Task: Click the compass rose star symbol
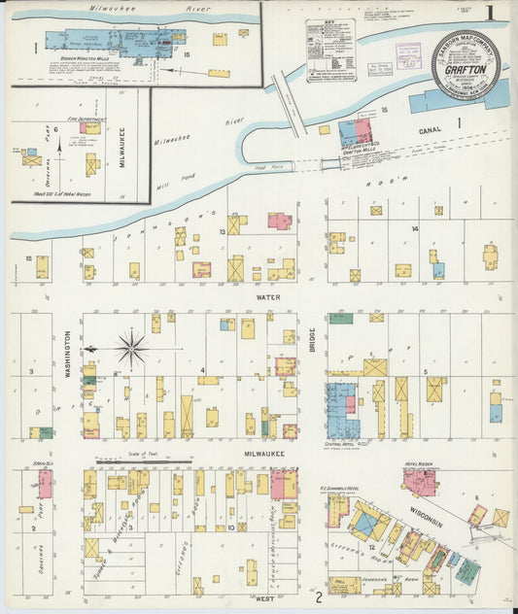click(x=132, y=346)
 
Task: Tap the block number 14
click(x=414, y=228)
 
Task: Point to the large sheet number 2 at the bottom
click(x=318, y=597)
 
